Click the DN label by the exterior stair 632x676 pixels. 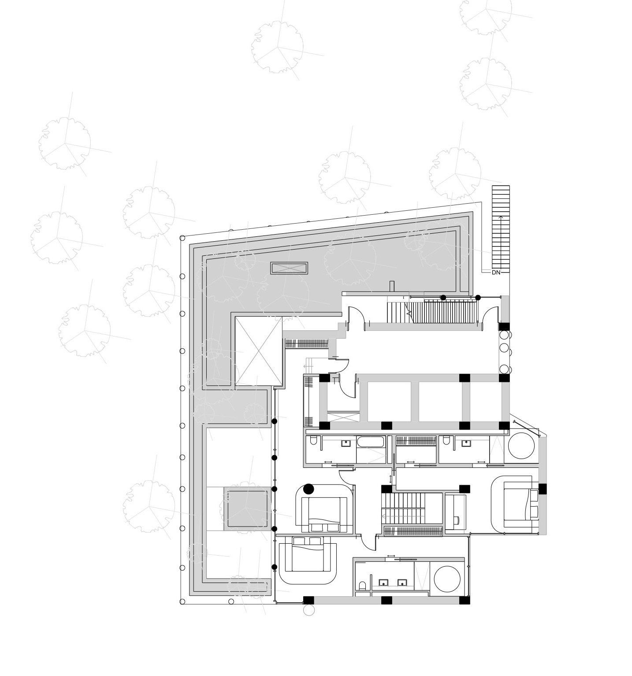point(496,273)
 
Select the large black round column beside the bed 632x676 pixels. point(309,489)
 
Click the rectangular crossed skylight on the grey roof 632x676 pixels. point(289,268)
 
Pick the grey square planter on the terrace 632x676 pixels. point(247,509)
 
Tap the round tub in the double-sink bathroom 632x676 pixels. point(447,579)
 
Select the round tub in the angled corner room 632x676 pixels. point(522,447)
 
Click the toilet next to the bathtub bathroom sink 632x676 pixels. point(313,441)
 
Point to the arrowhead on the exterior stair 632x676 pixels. point(500,217)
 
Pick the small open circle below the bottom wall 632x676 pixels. point(309,611)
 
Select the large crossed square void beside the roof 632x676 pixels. point(258,351)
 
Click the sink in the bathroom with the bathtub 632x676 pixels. point(346,443)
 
